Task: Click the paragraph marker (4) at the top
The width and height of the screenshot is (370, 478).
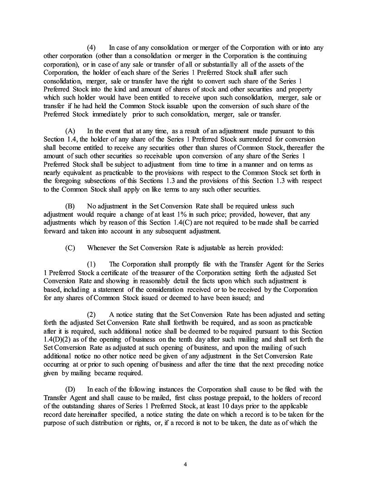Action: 91,48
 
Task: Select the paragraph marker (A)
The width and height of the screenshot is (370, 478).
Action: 70,130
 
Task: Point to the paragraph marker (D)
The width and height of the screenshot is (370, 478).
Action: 70,389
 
